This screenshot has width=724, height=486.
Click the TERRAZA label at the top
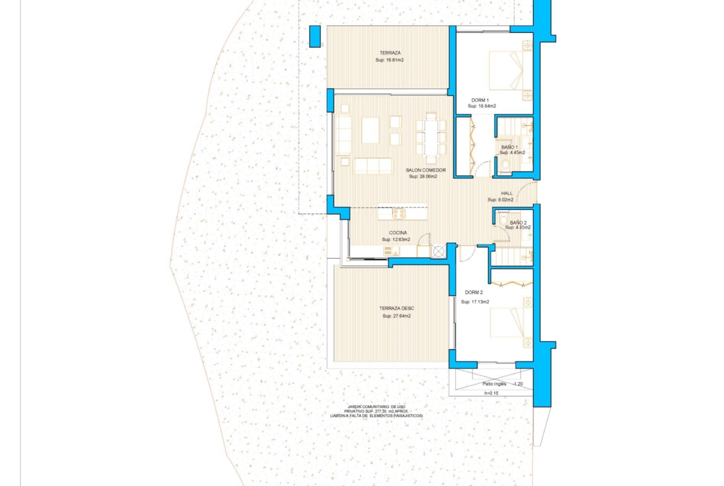click(390, 53)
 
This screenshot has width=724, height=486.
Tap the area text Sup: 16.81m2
click(390, 60)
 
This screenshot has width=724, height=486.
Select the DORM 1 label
click(480, 100)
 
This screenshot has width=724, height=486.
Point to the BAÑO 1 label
click(509, 147)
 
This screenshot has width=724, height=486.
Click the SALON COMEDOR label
click(426, 170)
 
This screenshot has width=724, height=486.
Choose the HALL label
click(507, 194)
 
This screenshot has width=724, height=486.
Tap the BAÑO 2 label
click(518, 223)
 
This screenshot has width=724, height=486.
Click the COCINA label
click(398, 233)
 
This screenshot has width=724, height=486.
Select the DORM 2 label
click(474, 292)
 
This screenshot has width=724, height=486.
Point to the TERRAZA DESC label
click(397, 308)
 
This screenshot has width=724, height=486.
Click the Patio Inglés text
click(494, 384)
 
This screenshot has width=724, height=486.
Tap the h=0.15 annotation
click(491, 393)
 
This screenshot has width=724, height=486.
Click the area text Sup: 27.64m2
click(397, 316)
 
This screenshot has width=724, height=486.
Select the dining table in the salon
click(431, 137)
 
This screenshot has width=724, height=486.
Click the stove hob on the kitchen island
click(399, 214)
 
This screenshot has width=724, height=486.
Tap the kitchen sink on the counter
click(392, 251)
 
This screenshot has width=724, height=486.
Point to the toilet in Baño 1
click(506, 165)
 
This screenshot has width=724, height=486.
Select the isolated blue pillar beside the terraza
click(314, 36)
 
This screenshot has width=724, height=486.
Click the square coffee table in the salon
click(370, 130)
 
